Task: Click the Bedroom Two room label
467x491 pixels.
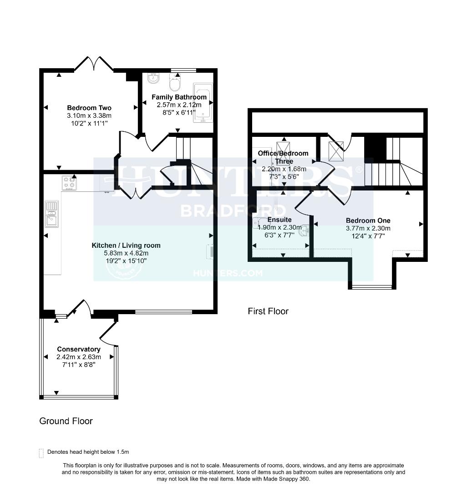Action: (x=89, y=108)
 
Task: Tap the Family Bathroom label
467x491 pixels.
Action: (x=179, y=97)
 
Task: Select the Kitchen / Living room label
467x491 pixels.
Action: (x=126, y=245)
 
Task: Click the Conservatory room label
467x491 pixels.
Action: (x=79, y=349)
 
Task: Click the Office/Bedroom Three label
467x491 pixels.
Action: (x=283, y=157)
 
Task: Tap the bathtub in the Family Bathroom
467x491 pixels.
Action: (x=203, y=103)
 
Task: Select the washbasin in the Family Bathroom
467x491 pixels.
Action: (x=153, y=79)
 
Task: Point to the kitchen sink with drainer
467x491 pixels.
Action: (x=51, y=214)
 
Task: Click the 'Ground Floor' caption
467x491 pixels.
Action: (x=66, y=421)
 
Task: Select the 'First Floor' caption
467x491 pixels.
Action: (x=268, y=311)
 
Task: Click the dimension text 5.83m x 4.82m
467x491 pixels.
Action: (x=126, y=253)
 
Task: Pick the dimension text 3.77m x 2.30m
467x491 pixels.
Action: (x=368, y=228)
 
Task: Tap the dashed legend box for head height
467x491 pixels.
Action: (x=41, y=452)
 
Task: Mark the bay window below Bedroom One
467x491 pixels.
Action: (x=372, y=287)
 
